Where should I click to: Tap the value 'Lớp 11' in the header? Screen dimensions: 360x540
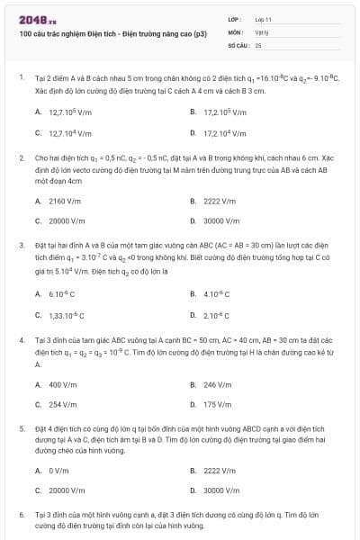(264, 19)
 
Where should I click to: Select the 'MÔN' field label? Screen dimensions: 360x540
(236, 31)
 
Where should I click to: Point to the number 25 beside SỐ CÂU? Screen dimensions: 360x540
(258, 44)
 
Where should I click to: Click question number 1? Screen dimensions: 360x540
(21, 78)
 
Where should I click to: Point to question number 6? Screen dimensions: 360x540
(21, 514)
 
